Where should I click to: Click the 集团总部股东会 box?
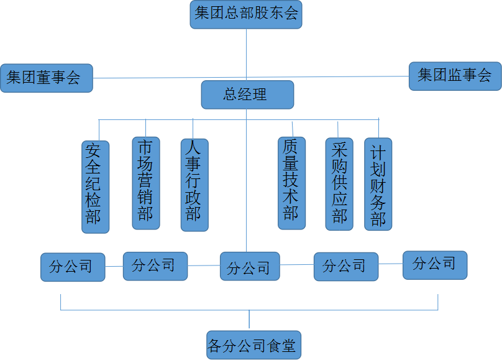(246, 14)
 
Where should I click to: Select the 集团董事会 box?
(47, 78)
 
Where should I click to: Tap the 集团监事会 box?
(455, 76)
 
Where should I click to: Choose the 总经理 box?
(247, 95)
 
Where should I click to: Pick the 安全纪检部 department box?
(95, 186)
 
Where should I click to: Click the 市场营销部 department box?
(145, 183)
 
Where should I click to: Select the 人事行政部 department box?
(194, 185)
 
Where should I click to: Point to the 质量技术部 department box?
(291, 183)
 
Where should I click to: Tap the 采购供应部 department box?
(339, 184)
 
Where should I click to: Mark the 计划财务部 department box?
(378, 184)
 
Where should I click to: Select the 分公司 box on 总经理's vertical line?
(249, 267)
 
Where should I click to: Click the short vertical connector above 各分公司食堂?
(249, 320)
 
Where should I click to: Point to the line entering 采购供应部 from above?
(338, 129)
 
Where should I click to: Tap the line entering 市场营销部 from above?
(145, 128)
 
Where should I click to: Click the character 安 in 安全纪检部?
(94, 150)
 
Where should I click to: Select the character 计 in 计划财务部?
(378, 153)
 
